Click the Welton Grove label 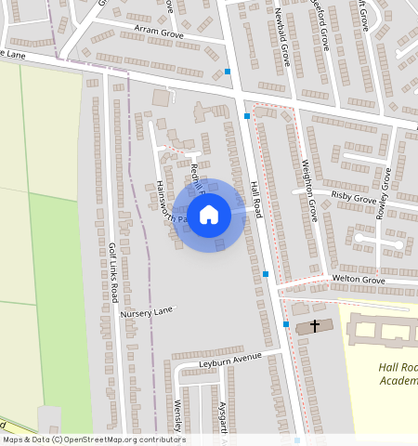[x=358, y=280]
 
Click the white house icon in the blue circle [x=209, y=215]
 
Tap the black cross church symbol [x=315, y=326]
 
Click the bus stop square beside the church [x=286, y=324]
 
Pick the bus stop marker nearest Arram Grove [x=228, y=72]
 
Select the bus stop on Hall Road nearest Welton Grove [x=266, y=274]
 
